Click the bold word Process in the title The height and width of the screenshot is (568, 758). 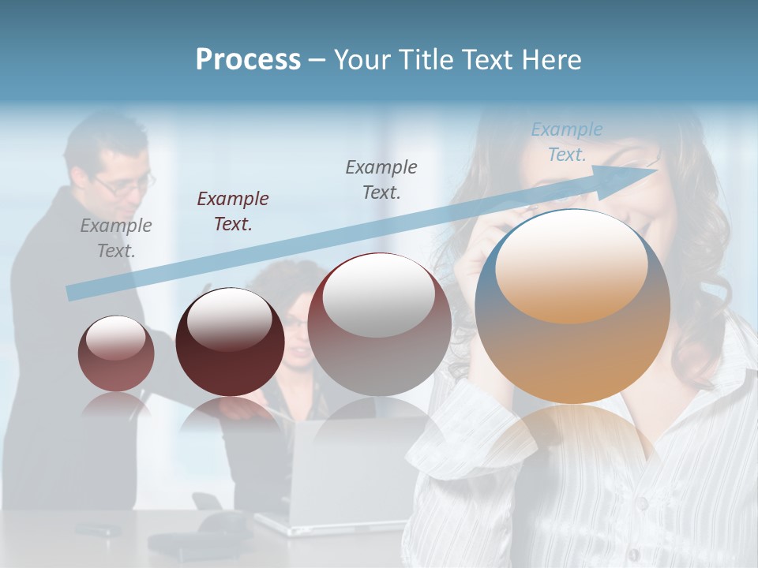248,60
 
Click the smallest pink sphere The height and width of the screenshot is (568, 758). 116,353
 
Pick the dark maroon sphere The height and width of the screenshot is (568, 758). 230,342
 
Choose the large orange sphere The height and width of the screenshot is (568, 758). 572,308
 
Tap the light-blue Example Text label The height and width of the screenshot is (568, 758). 567,142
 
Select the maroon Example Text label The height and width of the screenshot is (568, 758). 233,211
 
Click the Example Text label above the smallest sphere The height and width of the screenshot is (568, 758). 116,238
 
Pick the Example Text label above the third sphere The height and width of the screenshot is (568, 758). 381,179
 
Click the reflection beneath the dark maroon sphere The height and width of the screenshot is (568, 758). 230,414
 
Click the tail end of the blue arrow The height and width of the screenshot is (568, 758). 71,293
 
